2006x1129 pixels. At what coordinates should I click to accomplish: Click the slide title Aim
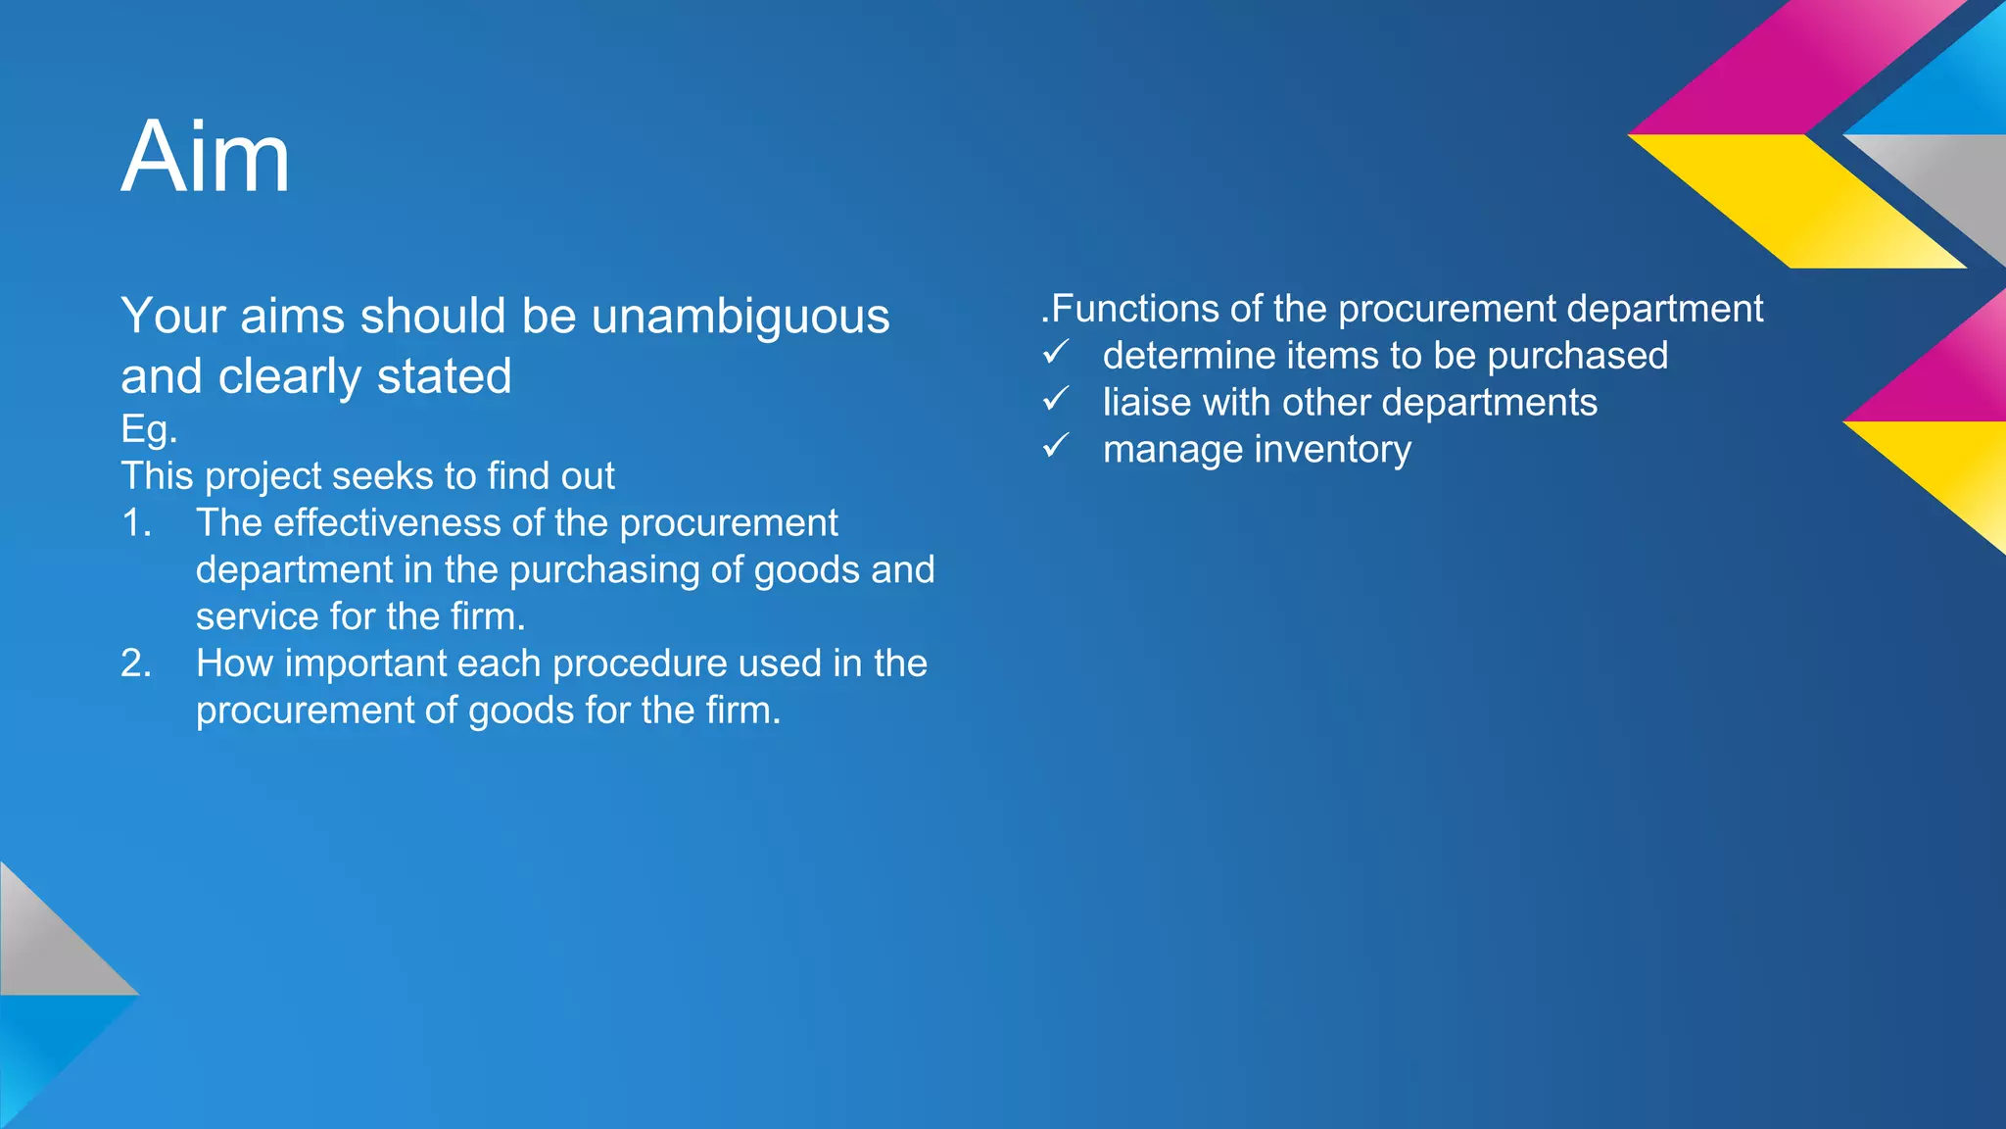(x=206, y=157)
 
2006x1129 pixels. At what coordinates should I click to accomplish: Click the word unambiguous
(x=740, y=317)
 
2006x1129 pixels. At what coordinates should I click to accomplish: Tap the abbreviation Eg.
(x=149, y=429)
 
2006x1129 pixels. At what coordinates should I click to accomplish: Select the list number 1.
(x=136, y=523)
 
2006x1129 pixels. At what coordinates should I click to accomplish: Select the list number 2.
(x=136, y=663)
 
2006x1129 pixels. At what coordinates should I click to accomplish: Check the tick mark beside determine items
(x=1055, y=352)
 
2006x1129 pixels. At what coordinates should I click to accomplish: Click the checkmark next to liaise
(x=1055, y=399)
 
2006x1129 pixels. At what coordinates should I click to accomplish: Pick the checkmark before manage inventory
(x=1055, y=446)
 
